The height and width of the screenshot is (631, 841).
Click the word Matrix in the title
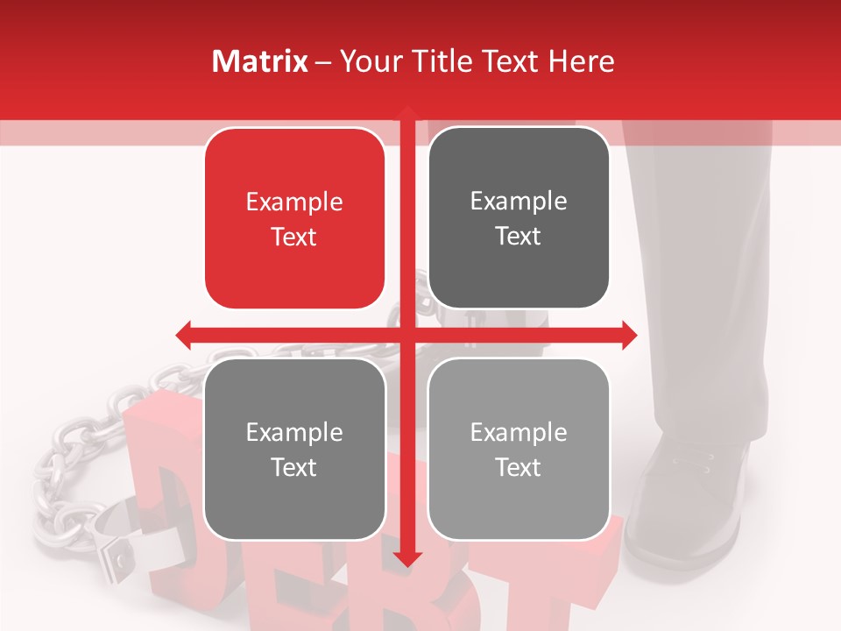[x=260, y=61]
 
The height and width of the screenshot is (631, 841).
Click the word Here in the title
[x=582, y=61]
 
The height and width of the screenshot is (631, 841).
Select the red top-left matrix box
[x=294, y=218]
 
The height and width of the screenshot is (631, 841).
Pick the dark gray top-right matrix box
[x=519, y=218]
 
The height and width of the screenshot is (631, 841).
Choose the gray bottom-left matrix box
[x=294, y=449]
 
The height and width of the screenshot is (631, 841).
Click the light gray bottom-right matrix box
[x=519, y=449]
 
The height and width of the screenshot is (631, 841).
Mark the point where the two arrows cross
[x=407, y=335]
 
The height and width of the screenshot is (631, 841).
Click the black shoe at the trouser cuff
[x=688, y=500]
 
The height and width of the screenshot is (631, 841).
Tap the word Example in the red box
[x=294, y=202]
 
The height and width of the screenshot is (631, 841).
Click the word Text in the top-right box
[x=519, y=237]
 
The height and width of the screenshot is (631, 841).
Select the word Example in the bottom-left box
[x=294, y=433]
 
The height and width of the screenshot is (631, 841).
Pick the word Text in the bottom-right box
[x=519, y=467]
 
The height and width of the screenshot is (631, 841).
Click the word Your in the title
[x=367, y=61]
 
